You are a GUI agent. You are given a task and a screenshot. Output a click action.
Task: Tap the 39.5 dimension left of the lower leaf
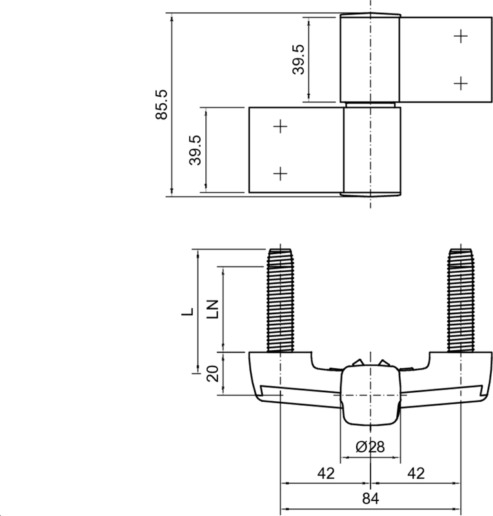196,150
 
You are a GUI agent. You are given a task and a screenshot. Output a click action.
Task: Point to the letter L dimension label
187,312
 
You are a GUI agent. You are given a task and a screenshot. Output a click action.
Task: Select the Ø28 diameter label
370,446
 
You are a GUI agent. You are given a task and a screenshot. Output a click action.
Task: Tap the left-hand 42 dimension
326,473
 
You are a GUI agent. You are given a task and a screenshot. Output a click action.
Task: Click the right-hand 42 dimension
416,473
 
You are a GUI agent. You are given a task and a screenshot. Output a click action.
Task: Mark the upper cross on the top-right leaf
460,37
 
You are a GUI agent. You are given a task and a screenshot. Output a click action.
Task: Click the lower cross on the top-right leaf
460,83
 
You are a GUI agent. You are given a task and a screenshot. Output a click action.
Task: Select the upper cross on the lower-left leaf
280,127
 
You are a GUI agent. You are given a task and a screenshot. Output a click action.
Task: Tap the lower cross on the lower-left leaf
280,173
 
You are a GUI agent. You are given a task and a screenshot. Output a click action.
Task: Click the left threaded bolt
280,300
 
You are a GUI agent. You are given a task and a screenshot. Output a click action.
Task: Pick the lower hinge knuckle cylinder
371,150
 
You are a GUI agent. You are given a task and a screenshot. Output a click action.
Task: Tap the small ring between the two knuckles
370,104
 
